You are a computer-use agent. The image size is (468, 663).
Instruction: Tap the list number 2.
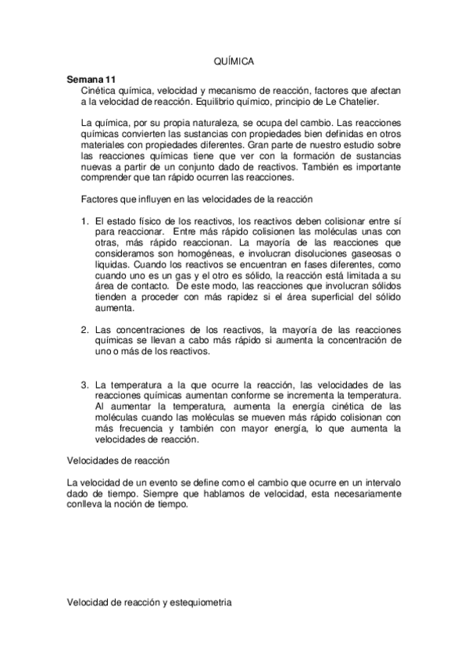[86, 330]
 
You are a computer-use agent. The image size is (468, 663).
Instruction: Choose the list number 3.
[86, 385]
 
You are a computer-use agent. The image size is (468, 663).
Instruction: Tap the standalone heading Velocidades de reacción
[117, 461]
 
